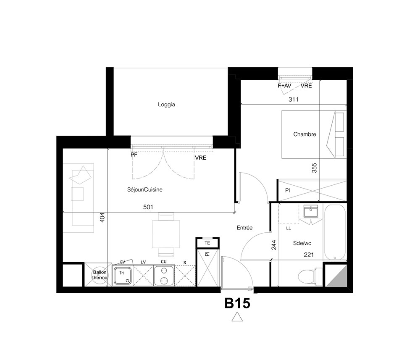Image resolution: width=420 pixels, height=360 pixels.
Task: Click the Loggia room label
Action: click(166, 105)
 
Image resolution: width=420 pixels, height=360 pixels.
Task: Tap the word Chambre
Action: click(304, 134)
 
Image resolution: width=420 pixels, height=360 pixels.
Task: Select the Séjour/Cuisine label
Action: click(144, 189)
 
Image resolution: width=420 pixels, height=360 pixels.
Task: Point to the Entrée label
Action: click(244, 228)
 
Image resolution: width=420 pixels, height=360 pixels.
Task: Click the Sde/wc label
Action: click(302, 243)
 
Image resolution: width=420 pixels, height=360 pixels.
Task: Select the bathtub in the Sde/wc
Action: click(335, 232)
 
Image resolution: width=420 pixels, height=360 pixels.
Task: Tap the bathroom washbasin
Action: click(311, 211)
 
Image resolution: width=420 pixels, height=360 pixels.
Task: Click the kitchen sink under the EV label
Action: click(123, 276)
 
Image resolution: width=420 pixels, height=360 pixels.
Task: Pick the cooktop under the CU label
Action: click(164, 276)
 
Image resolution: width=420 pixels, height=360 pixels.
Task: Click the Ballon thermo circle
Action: click(100, 275)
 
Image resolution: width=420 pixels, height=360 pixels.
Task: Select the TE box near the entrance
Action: click(207, 243)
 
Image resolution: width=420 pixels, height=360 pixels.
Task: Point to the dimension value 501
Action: click(148, 207)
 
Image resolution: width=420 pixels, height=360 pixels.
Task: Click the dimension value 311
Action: click(294, 100)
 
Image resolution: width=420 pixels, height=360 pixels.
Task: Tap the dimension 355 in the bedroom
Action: click(314, 168)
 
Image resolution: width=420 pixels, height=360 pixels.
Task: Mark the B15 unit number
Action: click(237, 303)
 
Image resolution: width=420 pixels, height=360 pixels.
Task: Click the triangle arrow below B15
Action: click(237, 317)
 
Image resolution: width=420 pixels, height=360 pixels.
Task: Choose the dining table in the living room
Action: click(166, 234)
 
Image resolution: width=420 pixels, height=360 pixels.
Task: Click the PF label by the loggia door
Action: click(134, 155)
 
